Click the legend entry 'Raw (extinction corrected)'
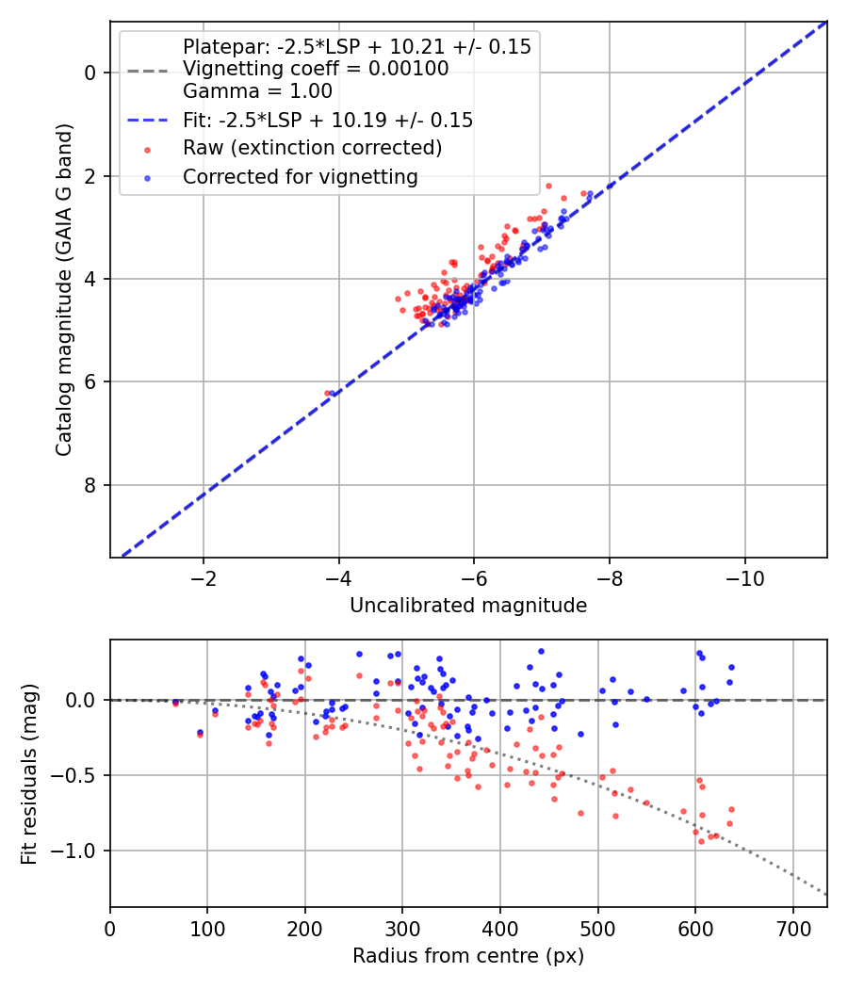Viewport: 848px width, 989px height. coord(312,148)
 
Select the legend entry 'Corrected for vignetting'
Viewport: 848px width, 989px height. coord(301,177)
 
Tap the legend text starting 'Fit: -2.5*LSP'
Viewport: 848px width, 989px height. coord(328,120)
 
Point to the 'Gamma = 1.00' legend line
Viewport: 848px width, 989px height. coord(257,90)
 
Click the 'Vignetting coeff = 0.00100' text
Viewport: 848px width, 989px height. coord(316,68)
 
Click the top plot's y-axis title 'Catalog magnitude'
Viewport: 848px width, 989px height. coord(63,289)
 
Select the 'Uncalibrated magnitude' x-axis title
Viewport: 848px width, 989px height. coord(468,606)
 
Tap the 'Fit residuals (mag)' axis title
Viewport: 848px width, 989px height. coord(29,773)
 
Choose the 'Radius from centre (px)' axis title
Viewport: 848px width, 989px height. coord(468,956)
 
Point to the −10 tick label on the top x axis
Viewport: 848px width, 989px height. coord(744,578)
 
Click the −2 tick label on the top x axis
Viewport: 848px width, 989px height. coord(204,578)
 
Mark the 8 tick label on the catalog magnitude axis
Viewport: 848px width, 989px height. coord(90,485)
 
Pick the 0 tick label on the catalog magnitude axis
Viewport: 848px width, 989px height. coord(90,73)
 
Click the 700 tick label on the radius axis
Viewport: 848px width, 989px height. coord(793,929)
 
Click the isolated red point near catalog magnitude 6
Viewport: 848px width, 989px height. coord(327,393)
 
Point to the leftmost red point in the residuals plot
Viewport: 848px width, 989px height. coord(175,704)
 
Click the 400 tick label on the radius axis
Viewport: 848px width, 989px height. coord(500,929)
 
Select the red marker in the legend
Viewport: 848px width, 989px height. coord(148,150)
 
